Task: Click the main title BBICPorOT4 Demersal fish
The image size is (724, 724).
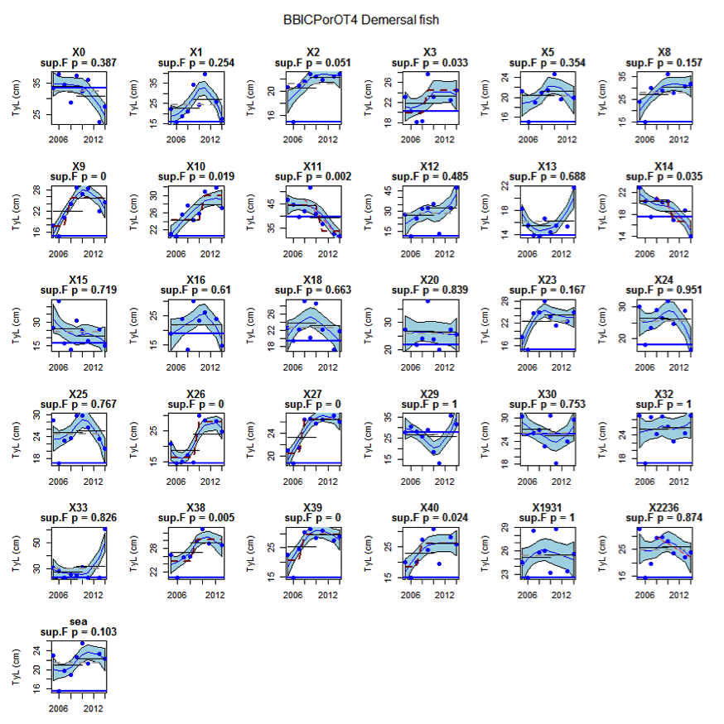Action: coord(361,18)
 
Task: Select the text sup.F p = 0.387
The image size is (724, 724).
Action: coord(78,63)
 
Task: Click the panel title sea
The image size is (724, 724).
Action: coord(78,621)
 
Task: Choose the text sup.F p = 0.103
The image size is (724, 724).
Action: coord(78,631)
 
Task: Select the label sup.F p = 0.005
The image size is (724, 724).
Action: coord(195,518)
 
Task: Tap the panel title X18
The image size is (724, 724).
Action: coord(312,280)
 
